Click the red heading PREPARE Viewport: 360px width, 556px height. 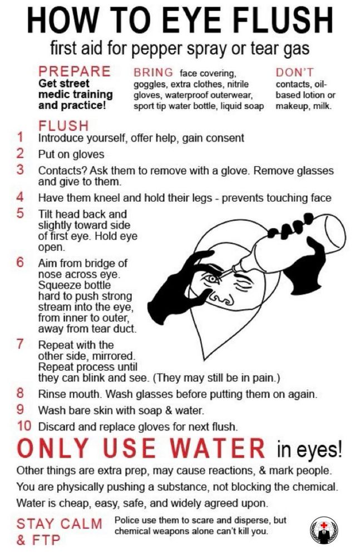pos(75,71)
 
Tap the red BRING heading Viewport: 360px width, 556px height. pos(154,72)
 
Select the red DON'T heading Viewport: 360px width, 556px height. pos(294,72)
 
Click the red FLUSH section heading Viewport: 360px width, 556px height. pos(63,126)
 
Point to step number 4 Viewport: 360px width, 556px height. pos(20,197)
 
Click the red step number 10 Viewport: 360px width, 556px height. pos(24,426)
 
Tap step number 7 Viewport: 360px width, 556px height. pos(20,344)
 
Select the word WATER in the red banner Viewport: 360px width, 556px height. pos(217,448)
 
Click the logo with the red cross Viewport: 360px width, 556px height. pos(324,530)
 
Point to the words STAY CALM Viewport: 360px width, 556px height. pos(60,524)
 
